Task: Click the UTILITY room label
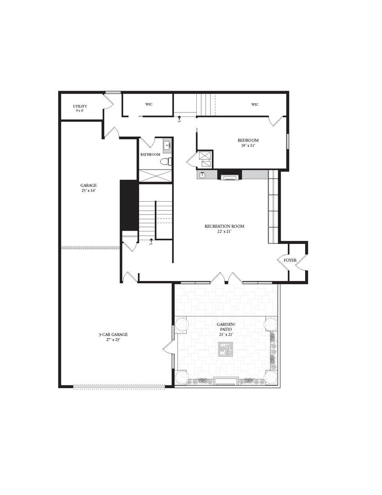80,106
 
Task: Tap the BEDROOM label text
248,140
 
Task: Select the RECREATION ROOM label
225,226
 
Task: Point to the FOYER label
290,260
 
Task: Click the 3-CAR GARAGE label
113,335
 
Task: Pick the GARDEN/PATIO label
226,327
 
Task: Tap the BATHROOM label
151,154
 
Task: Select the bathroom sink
167,146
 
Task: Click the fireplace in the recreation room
230,175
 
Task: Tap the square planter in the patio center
226,349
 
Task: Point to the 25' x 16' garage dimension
89,191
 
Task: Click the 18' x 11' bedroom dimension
248,146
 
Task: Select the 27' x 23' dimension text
113,340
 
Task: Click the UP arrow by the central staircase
151,241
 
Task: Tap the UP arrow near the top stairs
179,119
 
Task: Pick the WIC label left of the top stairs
149,104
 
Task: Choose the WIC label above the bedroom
255,104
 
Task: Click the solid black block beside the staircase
129,205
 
